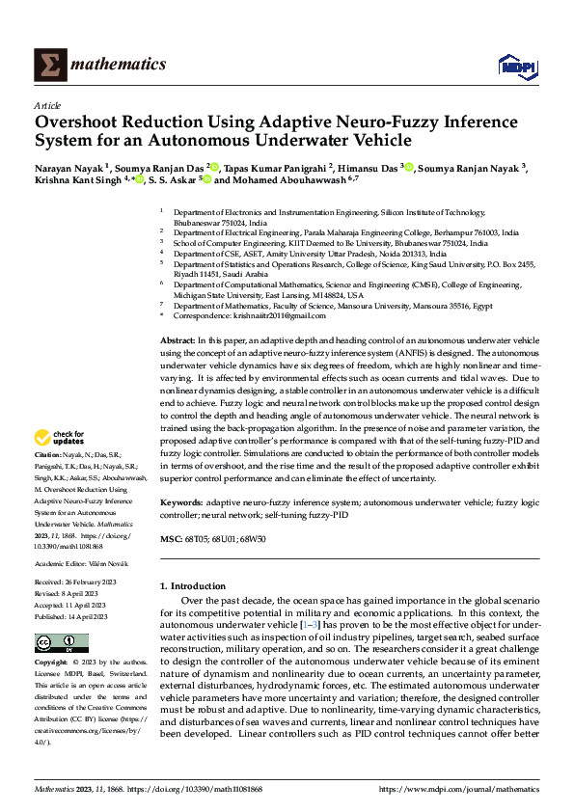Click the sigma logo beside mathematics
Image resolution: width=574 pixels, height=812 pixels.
(47, 64)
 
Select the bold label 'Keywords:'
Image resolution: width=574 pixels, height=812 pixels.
(182, 502)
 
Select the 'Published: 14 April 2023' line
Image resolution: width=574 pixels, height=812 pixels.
(72, 615)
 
